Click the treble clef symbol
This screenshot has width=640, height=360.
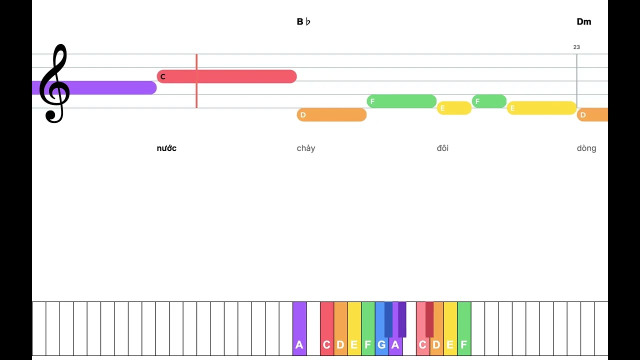(54, 83)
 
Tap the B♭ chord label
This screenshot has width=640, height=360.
(303, 21)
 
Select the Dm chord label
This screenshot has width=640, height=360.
(583, 21)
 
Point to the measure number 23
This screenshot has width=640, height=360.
(576, 47)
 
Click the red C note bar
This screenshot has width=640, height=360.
(226, 76)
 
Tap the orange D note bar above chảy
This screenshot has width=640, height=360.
(331, 115)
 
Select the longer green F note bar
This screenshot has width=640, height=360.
(401, 101)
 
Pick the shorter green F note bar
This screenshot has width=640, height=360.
(489, 101)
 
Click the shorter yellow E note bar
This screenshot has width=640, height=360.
(454, 108)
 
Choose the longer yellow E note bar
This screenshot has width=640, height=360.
(541, 108)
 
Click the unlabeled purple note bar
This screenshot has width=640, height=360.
(94, 87)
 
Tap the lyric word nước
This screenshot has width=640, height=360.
(166, 148)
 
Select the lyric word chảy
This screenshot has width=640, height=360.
(305, 148)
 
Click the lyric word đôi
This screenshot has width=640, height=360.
(442, 148)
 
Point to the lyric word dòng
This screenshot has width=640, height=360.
(586, 148)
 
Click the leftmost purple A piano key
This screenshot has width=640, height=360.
(299, 328)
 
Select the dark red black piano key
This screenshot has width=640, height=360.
(429, 319)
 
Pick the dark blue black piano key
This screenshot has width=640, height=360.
(388, 319)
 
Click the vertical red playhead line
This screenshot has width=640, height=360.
(196, 81)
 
